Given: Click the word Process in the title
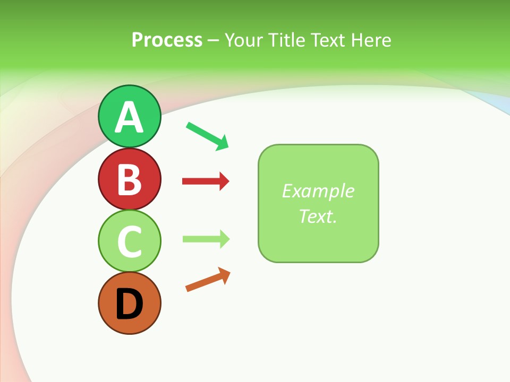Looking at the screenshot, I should click(167, 40).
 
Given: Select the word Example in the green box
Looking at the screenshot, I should click(318, 191).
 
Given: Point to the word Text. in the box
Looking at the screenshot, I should click(318, 216).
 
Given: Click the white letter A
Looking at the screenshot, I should click(129, 118).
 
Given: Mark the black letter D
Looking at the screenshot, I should click(129, 304).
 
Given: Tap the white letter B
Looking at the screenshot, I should click(129, 180).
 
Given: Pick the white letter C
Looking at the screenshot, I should click(129, 241).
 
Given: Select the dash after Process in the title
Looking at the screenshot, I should click(213, 41).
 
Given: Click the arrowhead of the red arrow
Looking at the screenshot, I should click(225, 181).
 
